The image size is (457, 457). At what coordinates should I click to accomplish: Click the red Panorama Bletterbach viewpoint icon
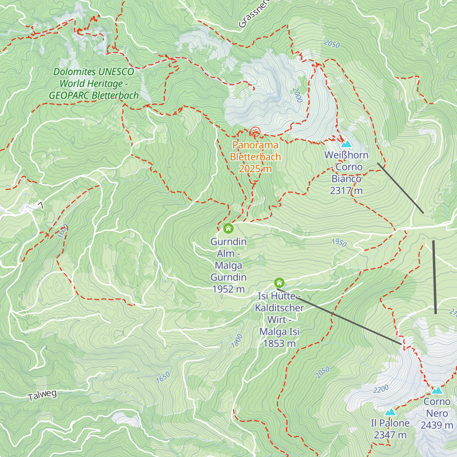point(255,132)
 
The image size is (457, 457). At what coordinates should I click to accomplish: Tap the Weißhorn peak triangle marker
point(346,144)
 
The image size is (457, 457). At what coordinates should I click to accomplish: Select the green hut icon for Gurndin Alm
point(228,228)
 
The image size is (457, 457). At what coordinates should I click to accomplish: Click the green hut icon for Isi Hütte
point(279,283)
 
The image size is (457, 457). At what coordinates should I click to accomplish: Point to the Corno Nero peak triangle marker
point(437,390)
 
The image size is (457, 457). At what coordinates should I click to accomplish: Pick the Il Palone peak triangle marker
point(390,412)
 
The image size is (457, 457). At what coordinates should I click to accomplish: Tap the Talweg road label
point(42,395)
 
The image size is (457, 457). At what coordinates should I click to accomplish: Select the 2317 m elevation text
point(346,190)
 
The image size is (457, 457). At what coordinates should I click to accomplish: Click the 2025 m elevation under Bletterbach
point(255,169)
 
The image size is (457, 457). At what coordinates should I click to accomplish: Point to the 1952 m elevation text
point(228,289)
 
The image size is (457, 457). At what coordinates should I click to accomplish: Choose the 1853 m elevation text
point(279,344)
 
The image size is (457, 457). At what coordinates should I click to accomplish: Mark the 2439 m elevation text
point(437,425)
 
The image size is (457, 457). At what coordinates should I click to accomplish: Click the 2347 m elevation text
point(390,435)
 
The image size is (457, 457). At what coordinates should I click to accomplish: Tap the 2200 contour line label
point(381,389)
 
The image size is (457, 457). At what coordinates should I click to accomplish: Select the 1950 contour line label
point(339,243)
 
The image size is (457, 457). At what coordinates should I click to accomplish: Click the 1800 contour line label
point(236,341)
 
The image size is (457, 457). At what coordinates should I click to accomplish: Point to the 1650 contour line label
point(163,377)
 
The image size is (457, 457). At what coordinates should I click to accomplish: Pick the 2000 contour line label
point(297,95)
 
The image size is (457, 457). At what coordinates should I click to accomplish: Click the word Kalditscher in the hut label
point(279,308)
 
